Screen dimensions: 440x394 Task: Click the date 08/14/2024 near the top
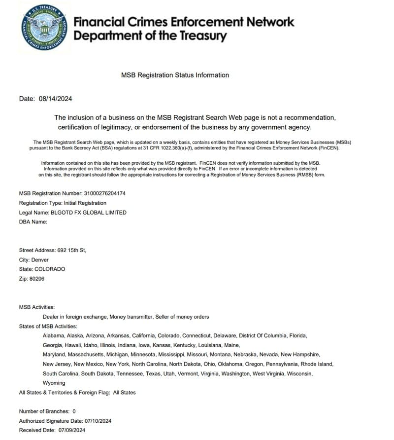55,99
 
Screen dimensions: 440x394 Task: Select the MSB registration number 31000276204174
105,193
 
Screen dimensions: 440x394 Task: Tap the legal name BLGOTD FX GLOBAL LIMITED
89,213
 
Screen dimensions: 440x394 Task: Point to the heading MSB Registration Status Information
175,75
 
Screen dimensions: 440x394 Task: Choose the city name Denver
40,259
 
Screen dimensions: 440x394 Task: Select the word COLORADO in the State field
49,269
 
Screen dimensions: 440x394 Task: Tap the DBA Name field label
33,221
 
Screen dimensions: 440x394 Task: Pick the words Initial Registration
82,203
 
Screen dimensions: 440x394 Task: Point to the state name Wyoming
54,383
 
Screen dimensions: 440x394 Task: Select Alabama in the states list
54,335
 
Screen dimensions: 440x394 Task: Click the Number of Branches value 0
74,411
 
